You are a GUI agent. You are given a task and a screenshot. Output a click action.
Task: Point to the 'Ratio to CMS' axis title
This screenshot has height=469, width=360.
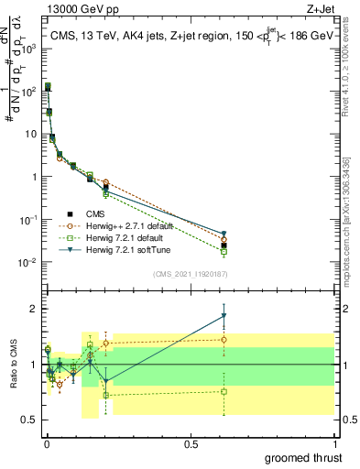[x=14, y=364]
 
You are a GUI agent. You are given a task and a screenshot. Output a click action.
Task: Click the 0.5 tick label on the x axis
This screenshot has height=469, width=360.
[x=191, y=442]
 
